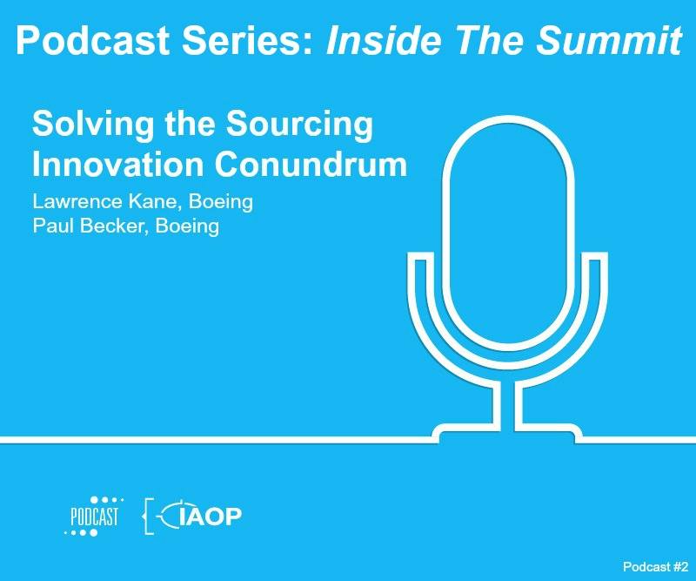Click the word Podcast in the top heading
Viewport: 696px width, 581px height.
tap(93, 40)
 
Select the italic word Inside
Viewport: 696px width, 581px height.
tap(384, 40)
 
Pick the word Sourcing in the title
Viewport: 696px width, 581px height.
tap(299, 125)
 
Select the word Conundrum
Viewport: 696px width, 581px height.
tap(311, 165)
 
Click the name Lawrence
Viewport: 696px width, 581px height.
tap(77, 201)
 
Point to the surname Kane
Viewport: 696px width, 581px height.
tap(155, 202)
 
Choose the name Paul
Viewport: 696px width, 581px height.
tap(53, 226)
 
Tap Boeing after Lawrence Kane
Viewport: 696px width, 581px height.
tap(221, 202)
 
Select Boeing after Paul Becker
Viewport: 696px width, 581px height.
tap(187, 226)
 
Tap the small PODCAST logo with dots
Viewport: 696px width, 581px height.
tap(94, 516)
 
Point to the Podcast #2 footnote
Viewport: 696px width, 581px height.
tap(656, 566)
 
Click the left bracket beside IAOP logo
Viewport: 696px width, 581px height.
tap(149, 516)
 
